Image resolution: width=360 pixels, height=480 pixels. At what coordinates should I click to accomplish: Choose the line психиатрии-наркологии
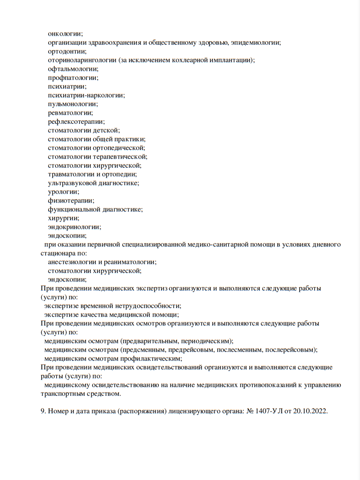point(86,95)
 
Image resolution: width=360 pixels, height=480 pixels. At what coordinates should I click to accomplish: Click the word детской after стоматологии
point(106,130)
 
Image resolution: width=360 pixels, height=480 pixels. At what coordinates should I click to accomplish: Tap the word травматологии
point(71,174)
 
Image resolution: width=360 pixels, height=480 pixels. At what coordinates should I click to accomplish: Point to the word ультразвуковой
point(71,183)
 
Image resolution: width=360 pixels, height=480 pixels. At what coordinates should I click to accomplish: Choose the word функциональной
point(74,209)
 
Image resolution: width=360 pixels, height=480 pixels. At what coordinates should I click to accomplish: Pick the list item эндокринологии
point(74,227)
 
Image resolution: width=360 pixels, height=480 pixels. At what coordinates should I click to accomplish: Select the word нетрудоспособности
point(151,306)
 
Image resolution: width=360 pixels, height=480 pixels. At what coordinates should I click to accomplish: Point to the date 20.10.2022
point(311,411)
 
